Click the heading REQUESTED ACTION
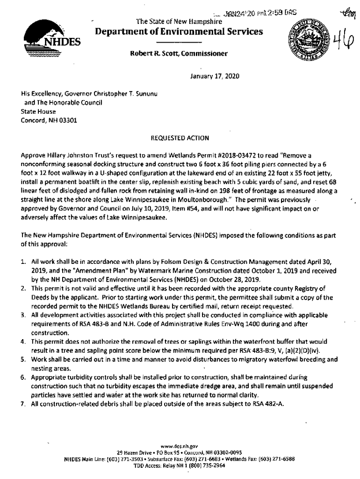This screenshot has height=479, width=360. (x=180, y=138)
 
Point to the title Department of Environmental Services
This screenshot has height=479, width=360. (x=179, y=31)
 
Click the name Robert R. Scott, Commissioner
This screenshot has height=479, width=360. (x=179, y=54)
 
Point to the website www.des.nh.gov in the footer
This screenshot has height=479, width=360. (x=179, y=446)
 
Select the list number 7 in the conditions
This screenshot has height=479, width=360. (x=23, y=404)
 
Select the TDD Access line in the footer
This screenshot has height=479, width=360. (x=179, y=466)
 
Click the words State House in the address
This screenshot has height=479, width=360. (x=38, y=111)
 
